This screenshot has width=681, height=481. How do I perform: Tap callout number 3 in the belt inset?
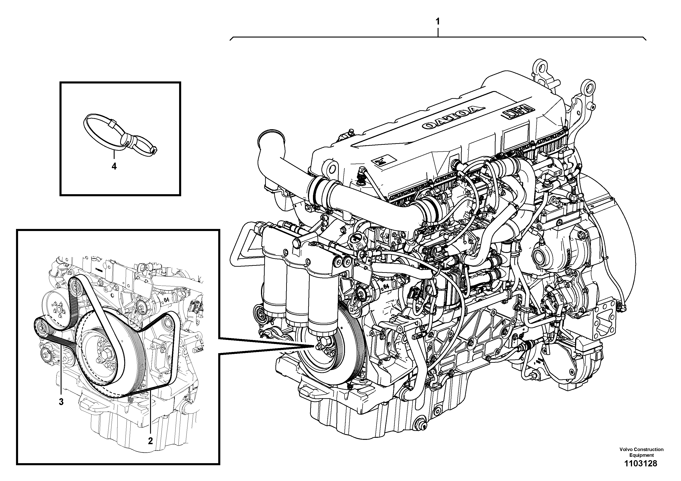click(x=61, y=402)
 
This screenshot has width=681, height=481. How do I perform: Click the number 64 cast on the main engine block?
click(x=386, y=286)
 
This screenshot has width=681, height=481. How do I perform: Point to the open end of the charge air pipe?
click(x=271, y=138)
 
